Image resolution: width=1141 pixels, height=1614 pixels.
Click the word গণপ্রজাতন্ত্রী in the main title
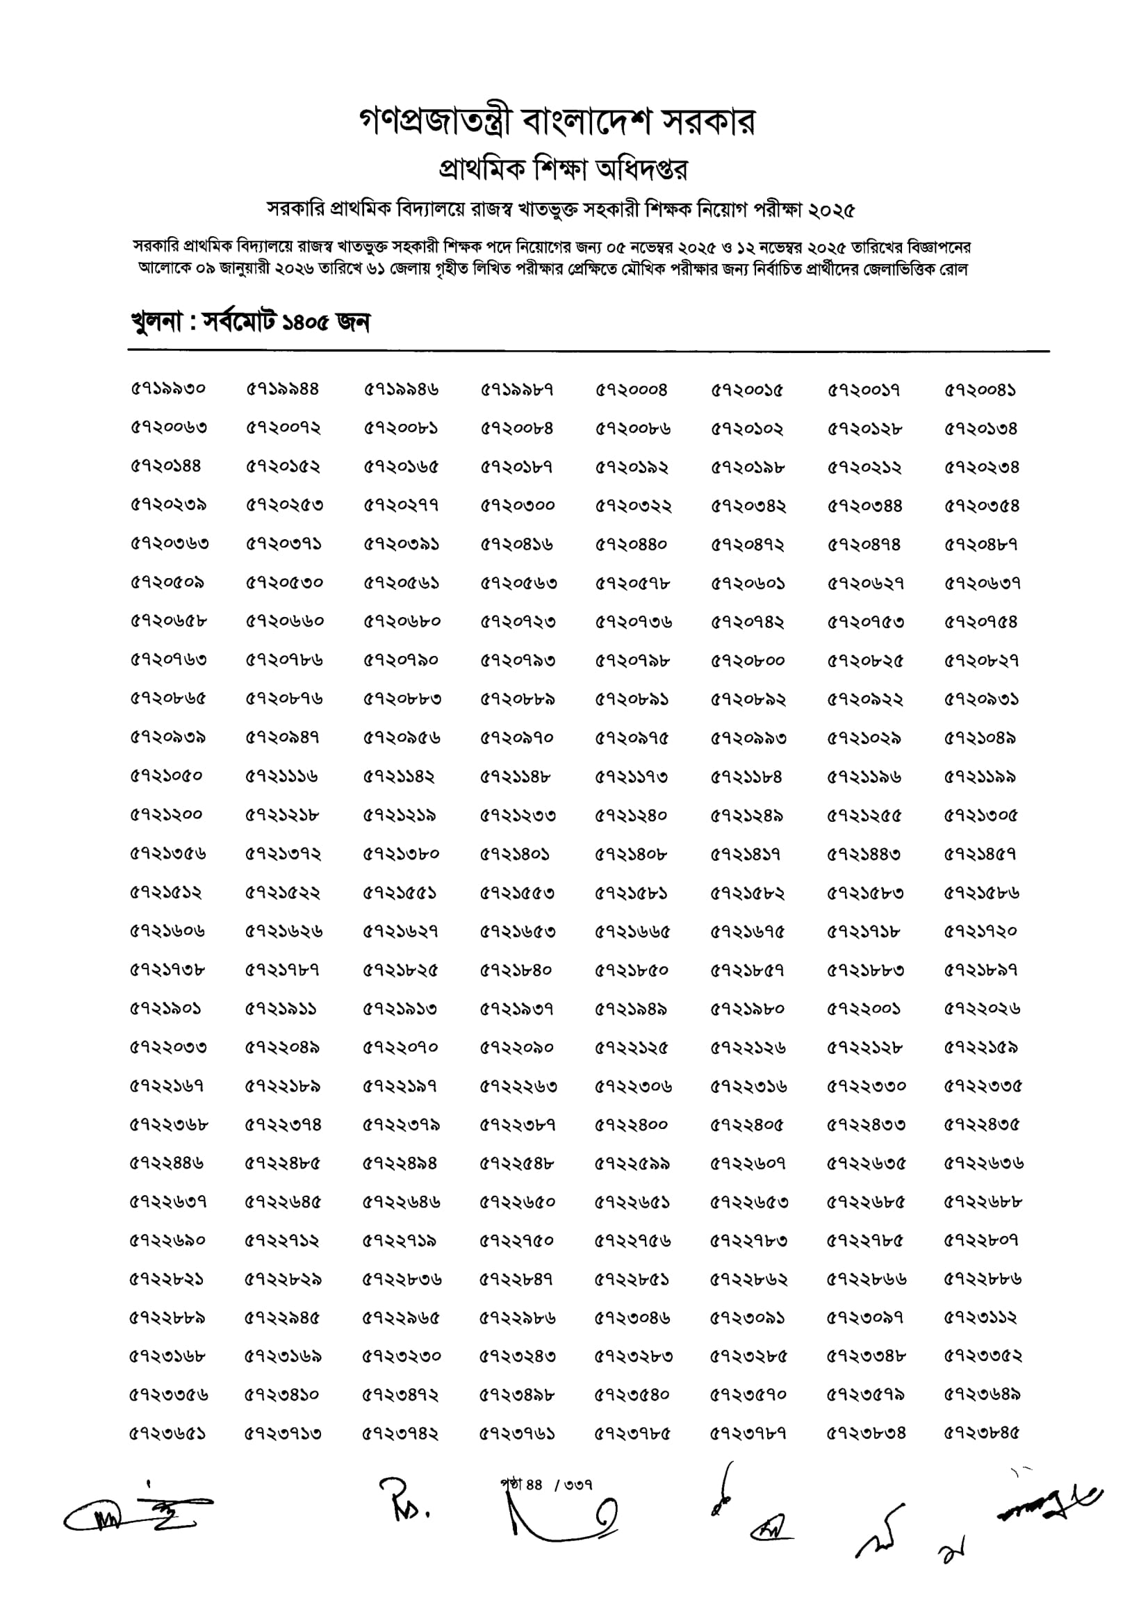tap(437, 122)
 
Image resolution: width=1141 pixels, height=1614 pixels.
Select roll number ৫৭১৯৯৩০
tap(168, 390)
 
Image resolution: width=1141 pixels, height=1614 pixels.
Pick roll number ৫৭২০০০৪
tap(632, 390)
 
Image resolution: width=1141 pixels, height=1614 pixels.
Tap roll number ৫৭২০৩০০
tap(518, 505)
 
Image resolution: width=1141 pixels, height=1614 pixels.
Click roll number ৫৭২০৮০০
tap(747, 661)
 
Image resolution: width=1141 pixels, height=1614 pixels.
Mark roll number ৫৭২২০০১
tap(863, 1009)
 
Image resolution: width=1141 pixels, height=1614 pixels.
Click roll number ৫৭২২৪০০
tap(632, 1125)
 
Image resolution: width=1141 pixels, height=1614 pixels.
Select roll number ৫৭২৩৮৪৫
tap(981, 1433)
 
